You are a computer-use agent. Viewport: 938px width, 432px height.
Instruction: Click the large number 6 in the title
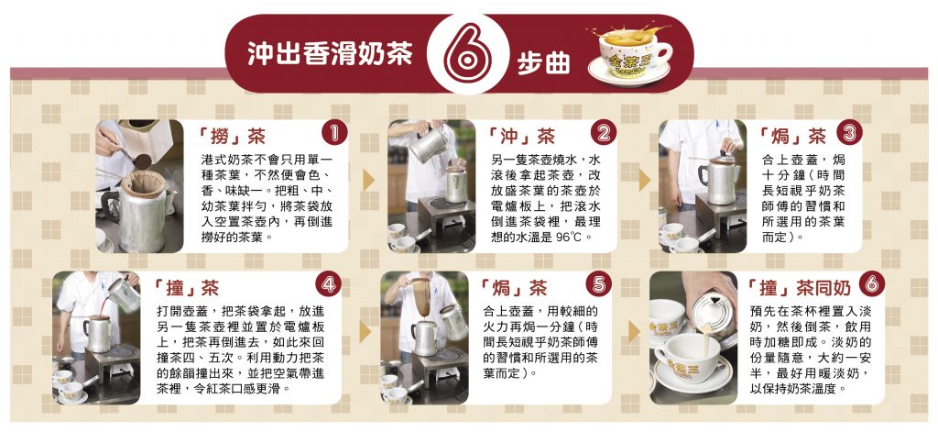point(467,53)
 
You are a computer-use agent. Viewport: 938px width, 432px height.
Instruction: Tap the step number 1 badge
point(334,133)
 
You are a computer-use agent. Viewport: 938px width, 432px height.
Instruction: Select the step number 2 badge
point(604,133)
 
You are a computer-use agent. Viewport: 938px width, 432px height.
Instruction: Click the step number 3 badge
point(849,132)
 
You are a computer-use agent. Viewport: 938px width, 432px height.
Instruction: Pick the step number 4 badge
point(329,284)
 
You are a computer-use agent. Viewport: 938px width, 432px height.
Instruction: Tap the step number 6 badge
point(872,283)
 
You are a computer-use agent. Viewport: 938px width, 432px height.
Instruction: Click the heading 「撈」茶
point(230,137)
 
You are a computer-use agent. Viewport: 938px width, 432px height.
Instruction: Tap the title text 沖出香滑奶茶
point(330,54)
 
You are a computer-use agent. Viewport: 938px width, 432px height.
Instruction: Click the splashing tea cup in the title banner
point(630,53)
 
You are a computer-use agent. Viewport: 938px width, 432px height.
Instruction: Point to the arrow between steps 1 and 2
point(368,181)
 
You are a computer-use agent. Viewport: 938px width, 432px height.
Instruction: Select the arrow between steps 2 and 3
point(644,181)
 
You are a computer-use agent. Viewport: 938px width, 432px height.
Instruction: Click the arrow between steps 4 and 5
point(365,331)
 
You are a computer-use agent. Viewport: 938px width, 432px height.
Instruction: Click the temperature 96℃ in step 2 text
point(568,236)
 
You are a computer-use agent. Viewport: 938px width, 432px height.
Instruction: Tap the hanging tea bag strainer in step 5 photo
point(421,296)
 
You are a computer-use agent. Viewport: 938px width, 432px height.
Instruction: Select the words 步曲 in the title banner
point(543,64)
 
